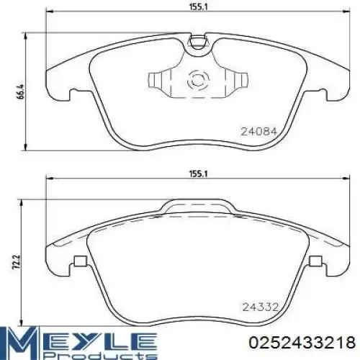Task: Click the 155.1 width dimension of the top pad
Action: point(198,6)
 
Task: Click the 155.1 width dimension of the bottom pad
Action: point(198,174)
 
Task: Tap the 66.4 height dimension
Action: point(21,91)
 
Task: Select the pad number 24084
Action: point(259,131)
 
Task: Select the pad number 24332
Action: point(261,307)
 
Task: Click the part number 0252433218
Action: point(302,342)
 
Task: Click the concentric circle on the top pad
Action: point(198,80)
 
